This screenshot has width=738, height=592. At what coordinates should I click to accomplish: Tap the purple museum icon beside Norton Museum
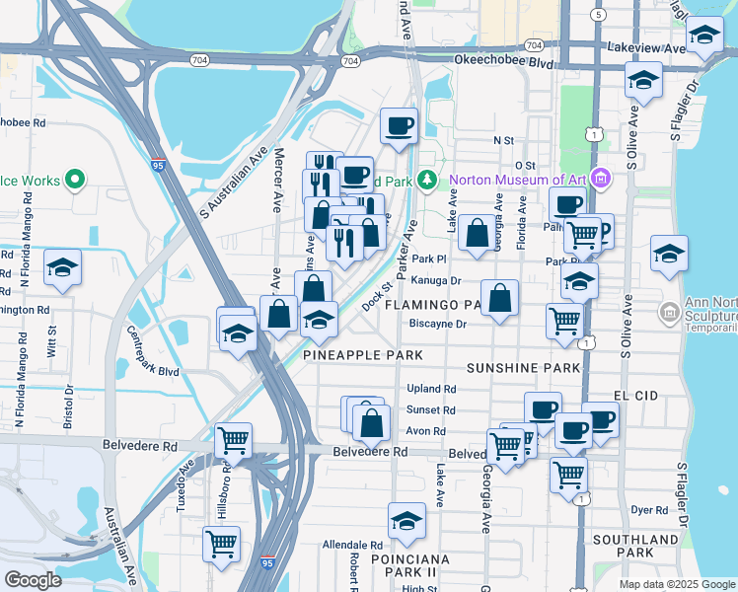click(x=602, y=180)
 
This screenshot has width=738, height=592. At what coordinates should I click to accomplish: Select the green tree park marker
click(x=426, y=180)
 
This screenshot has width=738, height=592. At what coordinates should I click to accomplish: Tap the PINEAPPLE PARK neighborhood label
click(x=363, y=355)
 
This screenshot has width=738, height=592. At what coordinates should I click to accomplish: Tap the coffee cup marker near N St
click(x=399, y=126)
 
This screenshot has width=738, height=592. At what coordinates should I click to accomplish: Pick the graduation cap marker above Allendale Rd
click(x=406, y=521)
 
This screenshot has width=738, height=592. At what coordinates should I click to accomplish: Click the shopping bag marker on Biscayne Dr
click(x=500, y=298)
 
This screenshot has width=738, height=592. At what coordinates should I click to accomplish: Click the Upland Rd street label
click(x=431, y=390)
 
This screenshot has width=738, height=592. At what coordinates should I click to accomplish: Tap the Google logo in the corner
click(x=33, y=580)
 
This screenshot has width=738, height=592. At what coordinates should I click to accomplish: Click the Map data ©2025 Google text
click(x=676, y=584)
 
